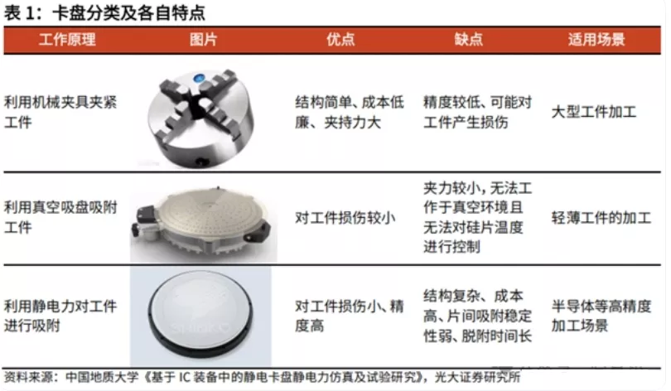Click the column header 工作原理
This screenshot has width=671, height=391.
(67, 40)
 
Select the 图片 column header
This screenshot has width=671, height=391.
(203, 40)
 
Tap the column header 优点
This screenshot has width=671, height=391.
(340, 40)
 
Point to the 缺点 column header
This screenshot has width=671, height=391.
(469, 40)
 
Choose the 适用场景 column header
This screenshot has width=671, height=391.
(596, 40)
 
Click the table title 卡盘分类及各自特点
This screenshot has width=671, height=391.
(128, 12)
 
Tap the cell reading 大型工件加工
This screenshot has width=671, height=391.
(594, 112)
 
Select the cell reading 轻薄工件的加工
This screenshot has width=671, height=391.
(601, 218)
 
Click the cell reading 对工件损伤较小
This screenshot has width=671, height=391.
(345, 218)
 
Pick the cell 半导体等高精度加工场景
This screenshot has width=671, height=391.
(601, 316)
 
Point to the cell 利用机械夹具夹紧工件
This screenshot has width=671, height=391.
(60, 112)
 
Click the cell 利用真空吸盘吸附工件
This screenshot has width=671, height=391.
(60, 217)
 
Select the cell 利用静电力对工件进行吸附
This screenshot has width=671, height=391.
(60, 316)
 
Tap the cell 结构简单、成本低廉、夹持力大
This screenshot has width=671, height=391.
(350, 112)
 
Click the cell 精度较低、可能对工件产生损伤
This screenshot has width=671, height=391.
(478, 112)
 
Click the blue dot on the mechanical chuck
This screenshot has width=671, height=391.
(199, 78)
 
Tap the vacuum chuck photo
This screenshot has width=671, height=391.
(203, 223)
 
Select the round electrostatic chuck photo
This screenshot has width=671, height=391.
(201, 316)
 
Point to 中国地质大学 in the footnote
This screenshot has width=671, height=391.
(102, 377)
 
